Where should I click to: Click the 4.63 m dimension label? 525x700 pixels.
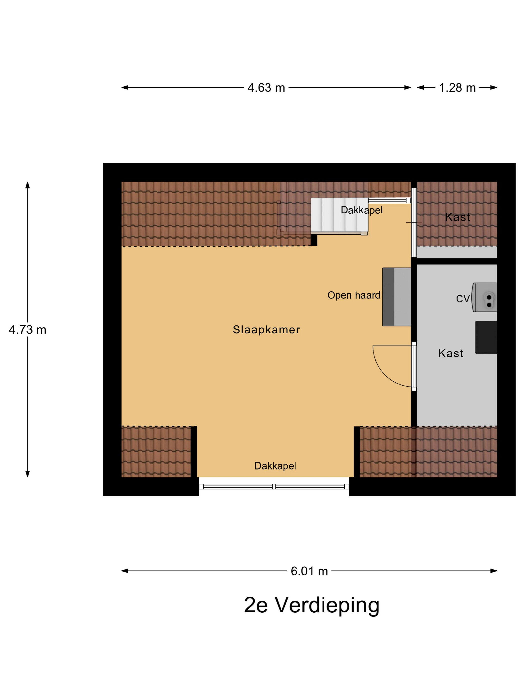click(x=266, y=88)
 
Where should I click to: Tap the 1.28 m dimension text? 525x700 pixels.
click(x=457, y=88)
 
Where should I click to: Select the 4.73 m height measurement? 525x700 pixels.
click(x=27, y=330)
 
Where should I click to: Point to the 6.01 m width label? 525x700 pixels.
click(x=309, y=571)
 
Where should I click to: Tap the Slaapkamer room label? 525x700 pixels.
click(x=266, y=330)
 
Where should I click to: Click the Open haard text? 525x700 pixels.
click(x=354, y=295)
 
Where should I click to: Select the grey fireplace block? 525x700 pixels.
click(x=397, y=297)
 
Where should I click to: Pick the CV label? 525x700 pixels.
click(x=463, y=299)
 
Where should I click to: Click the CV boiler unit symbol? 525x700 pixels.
click(x=484, y=297)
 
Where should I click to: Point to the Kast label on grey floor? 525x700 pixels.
click(x=451, y=353)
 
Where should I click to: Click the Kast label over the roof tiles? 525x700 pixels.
click(x=457, y=217)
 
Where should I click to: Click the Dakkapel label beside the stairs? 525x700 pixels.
click(x=362, y=210)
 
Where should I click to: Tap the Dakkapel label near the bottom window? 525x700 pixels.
click(x=275, y=466)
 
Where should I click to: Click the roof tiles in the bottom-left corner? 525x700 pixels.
click(x=156, y=451)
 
